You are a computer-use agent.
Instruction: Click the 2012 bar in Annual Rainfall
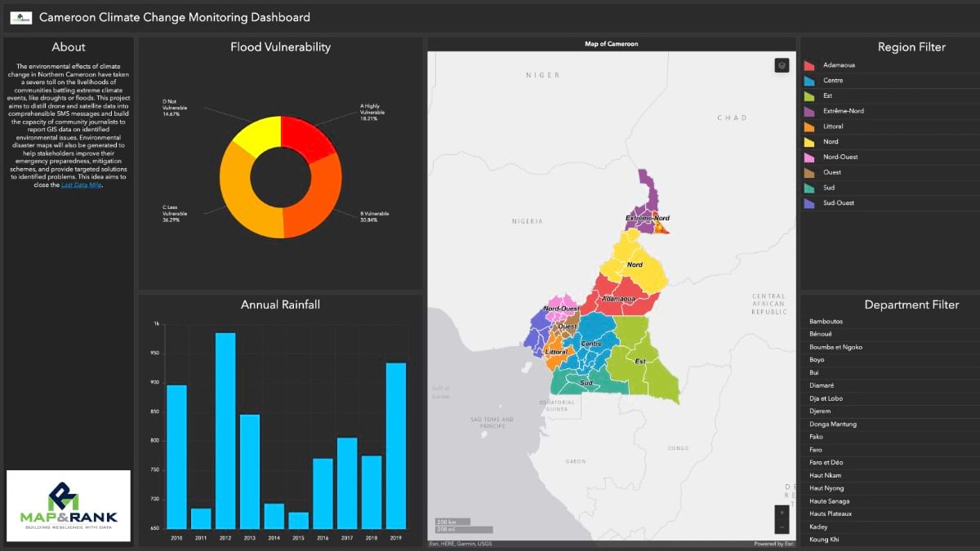225,430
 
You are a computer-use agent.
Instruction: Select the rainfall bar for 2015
299,520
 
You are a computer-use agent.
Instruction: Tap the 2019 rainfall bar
396,446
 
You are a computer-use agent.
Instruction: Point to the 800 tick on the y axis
155,441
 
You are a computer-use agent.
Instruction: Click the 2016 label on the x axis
323,539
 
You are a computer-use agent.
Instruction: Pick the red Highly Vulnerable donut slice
309,138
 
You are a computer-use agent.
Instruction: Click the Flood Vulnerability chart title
280,47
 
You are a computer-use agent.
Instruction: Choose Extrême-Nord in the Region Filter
843,111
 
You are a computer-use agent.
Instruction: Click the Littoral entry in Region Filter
833,127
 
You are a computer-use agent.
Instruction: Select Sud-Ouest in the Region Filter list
838,203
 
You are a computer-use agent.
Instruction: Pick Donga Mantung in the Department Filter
832,424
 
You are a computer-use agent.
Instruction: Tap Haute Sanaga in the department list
829,501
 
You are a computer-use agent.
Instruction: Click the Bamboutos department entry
826,322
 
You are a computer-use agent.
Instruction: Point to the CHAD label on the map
732,118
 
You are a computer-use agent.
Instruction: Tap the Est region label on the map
640,361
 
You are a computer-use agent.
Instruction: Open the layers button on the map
782,65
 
